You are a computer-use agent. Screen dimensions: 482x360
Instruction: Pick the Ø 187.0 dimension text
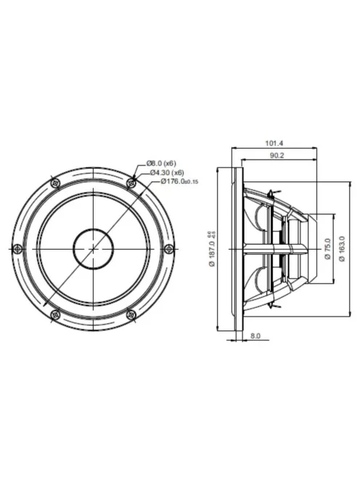point(213,248)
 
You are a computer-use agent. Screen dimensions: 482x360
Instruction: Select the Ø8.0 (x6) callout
point(160,164)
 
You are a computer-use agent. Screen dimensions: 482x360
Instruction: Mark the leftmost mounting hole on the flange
point(16,248)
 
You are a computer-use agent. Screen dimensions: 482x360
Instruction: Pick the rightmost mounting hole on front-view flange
point(169,248)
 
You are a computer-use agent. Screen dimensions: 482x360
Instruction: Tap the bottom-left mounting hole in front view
point(54,314)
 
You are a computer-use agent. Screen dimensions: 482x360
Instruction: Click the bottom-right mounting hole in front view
point(131,314)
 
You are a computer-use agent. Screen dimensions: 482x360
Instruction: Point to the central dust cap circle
point(92,248)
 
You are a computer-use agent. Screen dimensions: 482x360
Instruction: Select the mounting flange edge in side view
point(237,248)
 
